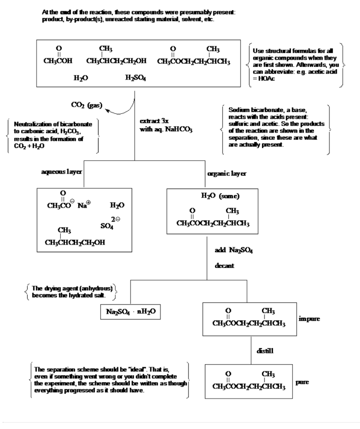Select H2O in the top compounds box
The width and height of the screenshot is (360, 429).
80,78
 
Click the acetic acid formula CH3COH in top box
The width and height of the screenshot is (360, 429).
58,57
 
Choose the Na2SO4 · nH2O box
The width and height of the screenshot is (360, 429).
130,313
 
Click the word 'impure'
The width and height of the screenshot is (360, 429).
310,319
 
